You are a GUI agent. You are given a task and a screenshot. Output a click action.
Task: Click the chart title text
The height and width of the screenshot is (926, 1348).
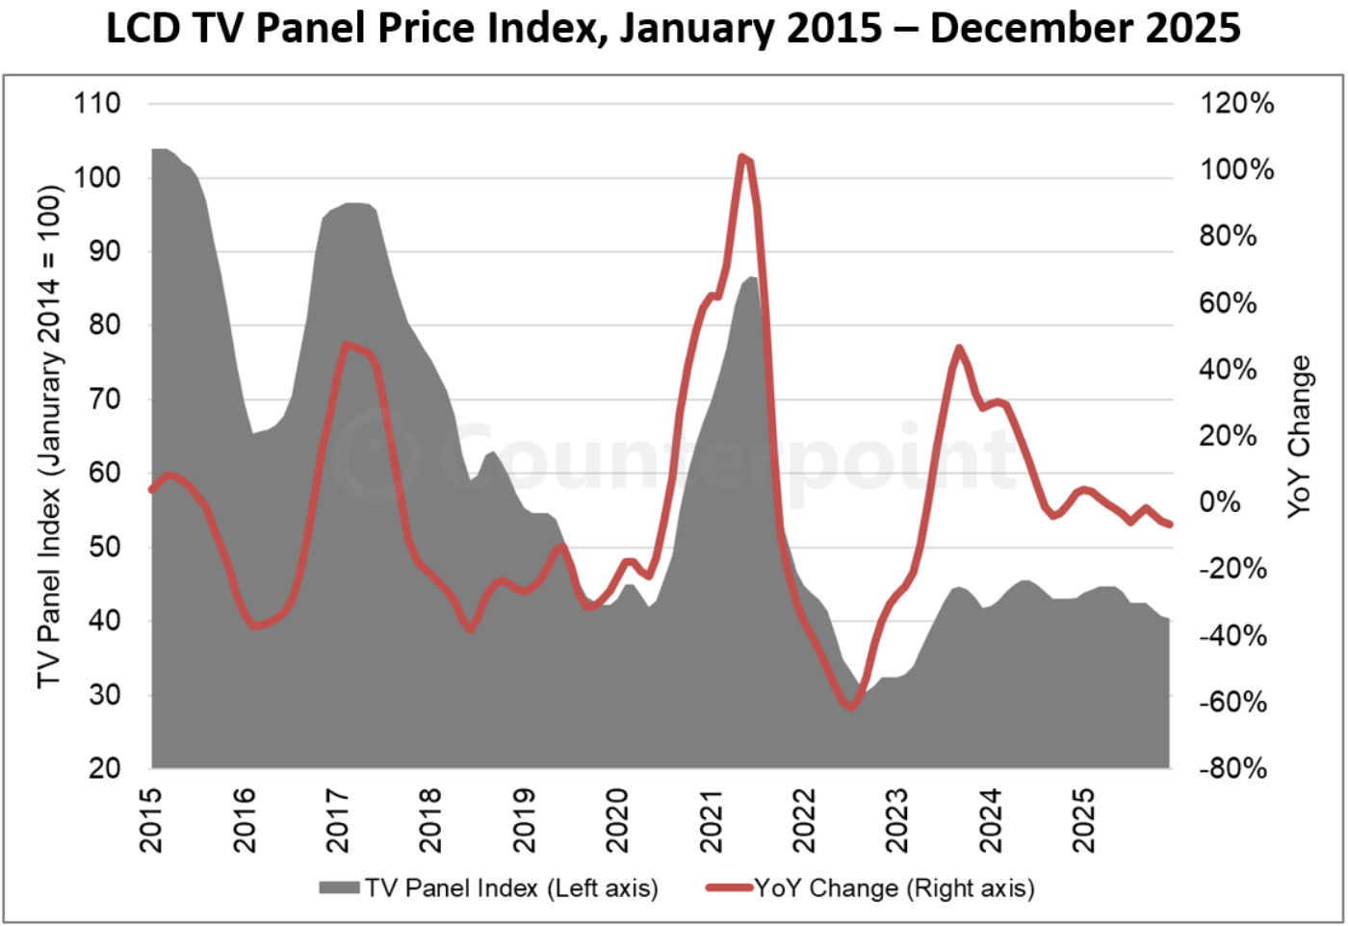673,29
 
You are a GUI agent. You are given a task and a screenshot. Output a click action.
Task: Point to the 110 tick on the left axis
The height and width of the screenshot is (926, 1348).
97,103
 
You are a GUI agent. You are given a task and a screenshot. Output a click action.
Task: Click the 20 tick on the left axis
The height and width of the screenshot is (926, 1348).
104,768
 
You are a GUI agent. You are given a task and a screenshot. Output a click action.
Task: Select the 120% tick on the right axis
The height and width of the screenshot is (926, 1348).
1236,103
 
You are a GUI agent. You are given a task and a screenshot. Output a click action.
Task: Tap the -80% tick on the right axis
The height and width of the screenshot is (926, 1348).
1232,768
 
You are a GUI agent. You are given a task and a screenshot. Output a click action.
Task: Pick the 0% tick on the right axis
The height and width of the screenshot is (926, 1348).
1219,502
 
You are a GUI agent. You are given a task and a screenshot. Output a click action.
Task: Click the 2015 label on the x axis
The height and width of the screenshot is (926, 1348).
151,820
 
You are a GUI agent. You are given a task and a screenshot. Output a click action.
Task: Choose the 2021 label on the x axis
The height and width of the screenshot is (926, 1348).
712,820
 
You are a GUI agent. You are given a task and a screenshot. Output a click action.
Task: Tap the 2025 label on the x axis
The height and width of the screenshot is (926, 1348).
1084,820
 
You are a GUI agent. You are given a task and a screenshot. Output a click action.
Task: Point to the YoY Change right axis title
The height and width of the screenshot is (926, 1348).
1299,435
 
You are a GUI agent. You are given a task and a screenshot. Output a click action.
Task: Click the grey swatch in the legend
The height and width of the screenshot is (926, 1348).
339,887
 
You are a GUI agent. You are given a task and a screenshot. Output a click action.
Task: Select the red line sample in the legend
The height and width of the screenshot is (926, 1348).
729,887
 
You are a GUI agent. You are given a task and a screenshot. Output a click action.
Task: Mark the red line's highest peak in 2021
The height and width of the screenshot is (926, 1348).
742,157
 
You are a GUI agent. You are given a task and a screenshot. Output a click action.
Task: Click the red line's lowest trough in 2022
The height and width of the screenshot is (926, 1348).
849,707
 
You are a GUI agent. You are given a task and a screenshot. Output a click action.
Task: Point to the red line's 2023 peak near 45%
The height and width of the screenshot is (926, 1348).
959,347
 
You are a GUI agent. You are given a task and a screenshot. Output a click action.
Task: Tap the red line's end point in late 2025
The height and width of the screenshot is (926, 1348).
1169,525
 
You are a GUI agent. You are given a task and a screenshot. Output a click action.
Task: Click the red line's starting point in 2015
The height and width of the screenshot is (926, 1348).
152,489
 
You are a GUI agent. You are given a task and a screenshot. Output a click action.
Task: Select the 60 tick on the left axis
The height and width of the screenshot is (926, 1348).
104,473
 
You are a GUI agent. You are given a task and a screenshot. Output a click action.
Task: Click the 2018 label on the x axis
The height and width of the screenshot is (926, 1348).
430,820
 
